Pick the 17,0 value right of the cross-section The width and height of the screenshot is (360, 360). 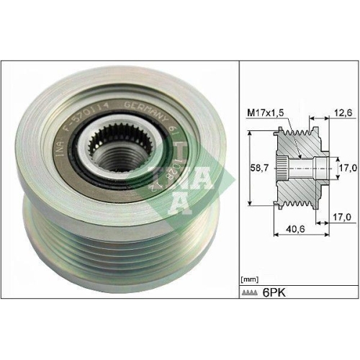(348, 168)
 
